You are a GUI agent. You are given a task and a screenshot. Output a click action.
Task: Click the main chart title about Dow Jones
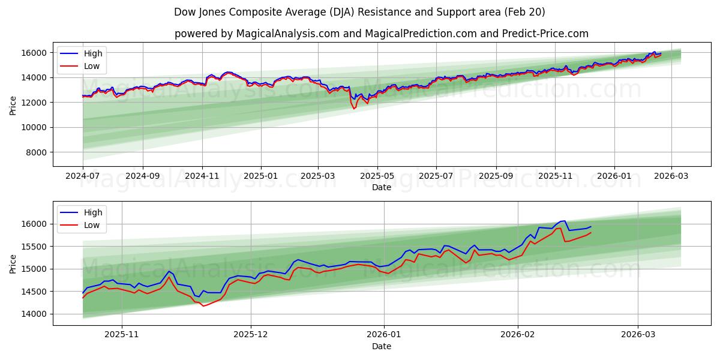click(x=359, y=12)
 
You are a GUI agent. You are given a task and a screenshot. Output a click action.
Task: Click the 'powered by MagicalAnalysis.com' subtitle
click(x=381, y=34)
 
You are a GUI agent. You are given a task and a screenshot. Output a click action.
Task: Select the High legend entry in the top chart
click(x=81, y=53)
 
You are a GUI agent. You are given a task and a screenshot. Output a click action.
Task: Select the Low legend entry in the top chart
click(x=81, y=67)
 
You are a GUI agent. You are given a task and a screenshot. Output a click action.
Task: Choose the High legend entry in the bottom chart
click(x=81, y=212)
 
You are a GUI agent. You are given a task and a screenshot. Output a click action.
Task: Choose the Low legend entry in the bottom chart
click(x=81, y=225)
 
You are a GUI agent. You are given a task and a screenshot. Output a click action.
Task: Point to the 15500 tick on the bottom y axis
click(x=35, y=247)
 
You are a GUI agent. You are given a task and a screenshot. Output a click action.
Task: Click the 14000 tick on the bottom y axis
click(x=35, y=314)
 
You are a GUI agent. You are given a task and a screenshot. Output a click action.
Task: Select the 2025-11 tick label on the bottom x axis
click(x=122, y=334)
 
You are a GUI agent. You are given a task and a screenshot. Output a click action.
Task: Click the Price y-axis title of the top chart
click(x=13, y=106)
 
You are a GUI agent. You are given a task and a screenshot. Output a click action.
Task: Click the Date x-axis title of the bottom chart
click(x=381, y=346)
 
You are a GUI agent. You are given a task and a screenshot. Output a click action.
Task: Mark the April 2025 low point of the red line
click(x=354, y=109)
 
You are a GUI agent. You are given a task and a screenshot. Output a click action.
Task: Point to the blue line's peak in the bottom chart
click(x=564, y=221)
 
